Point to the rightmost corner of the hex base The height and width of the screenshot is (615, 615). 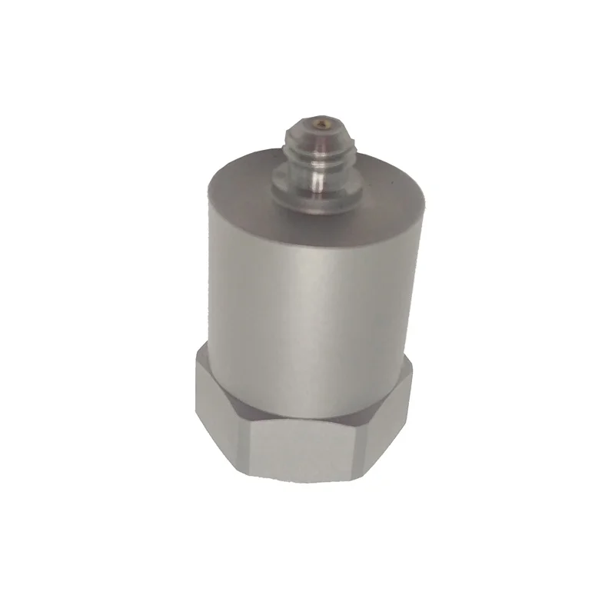point(412,381)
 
